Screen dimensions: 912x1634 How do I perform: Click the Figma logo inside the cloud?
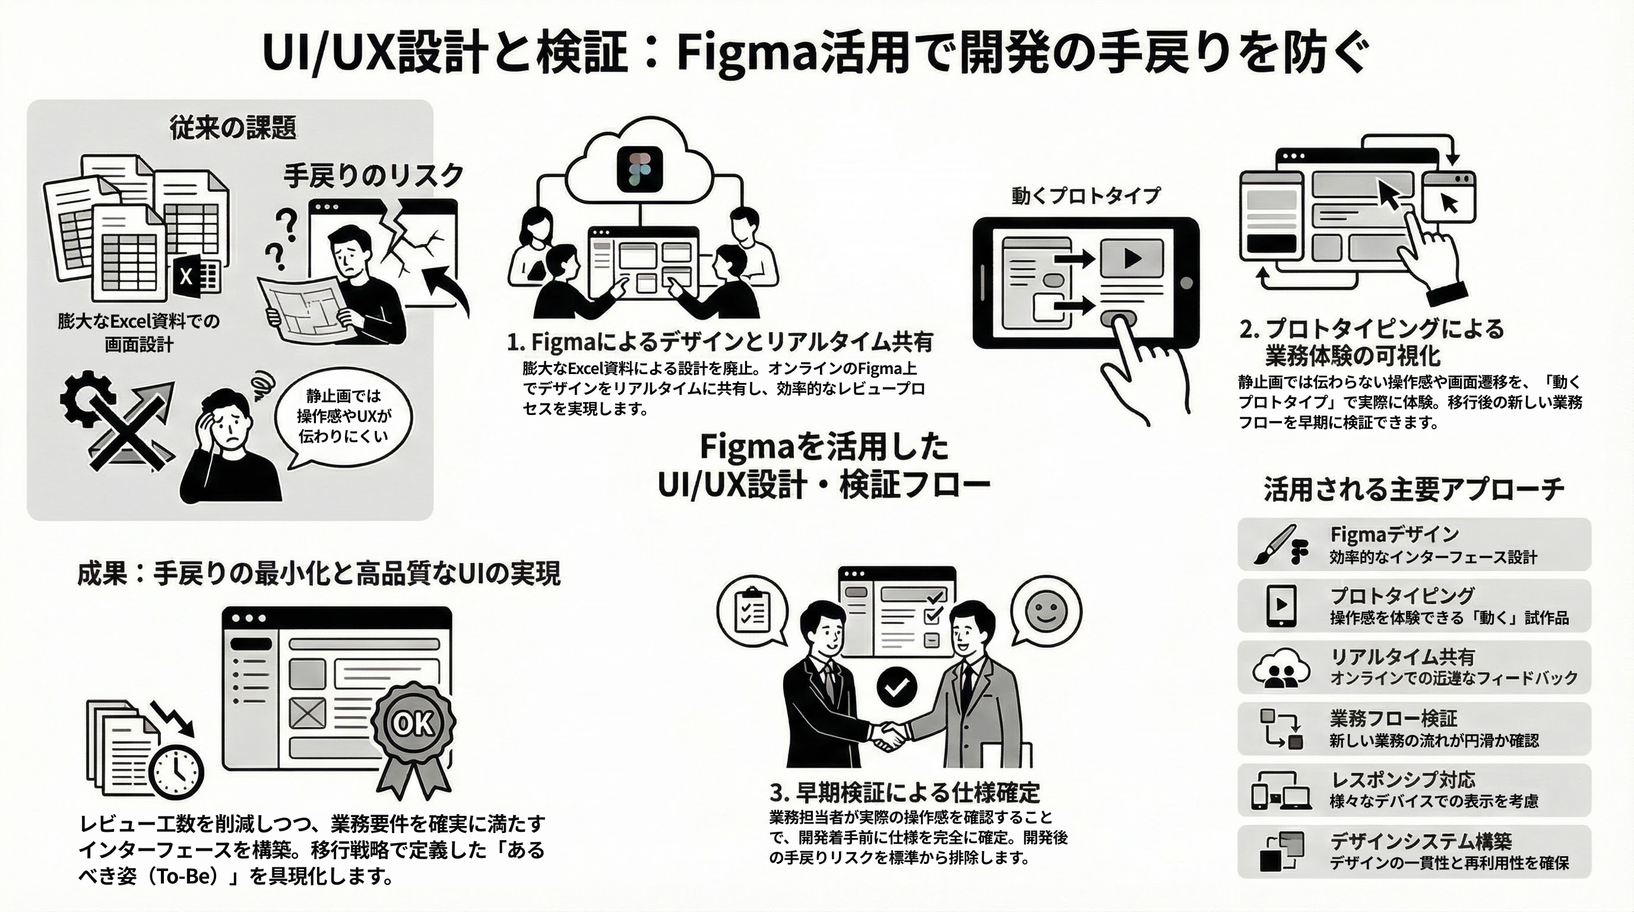pyautogui.click(x=639, y=169)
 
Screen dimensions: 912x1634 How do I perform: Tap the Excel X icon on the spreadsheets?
pyautogui.click(x=186, y=277)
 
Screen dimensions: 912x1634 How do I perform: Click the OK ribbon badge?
pyautogui.click(x=413, y=724)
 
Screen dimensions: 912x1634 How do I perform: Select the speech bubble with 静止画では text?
pyautogui.click(x=343, y=416)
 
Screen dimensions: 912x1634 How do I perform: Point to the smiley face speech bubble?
pyautogui.click(x=1046, y=610)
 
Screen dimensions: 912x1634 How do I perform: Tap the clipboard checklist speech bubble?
pyautogui.click(x=752, y=610)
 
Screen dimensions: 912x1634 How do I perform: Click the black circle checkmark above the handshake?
pyautogui.click(x=897, y=686)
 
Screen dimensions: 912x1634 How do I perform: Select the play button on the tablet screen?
pyautogui.click(x=1132, y=258)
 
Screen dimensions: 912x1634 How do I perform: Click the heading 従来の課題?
pyautogui.click(x=233, y=128)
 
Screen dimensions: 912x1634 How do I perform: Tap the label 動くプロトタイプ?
pyautogui.click(x=1085, y=195)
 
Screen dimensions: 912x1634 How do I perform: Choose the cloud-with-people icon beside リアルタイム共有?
pyautogui.click(x=1281, y=668)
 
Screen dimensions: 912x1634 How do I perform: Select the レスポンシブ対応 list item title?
pyautogui.click(x=1402, y=780)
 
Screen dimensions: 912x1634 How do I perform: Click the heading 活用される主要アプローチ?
pyautogui.click(x=1414, y=490)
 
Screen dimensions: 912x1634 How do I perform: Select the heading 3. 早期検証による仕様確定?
pyautogui.click(x=904, y=792)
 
